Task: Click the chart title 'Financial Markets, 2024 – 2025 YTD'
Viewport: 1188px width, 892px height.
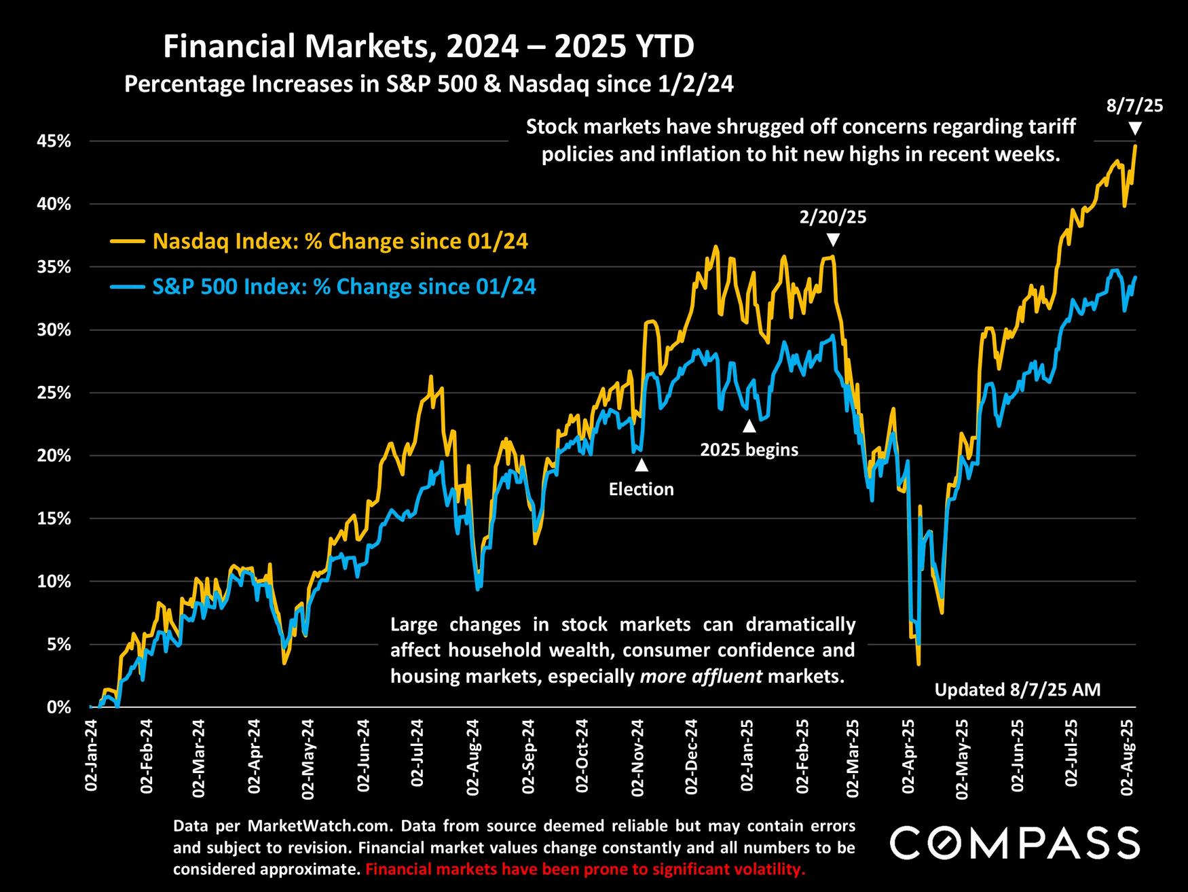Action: (428, 48)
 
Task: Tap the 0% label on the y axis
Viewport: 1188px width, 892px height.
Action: (59, 707)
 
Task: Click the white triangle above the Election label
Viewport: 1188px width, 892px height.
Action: (641, 465)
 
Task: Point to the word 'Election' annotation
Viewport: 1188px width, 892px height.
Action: (641, 489)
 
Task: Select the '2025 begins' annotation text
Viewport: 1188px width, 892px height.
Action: (749, 450)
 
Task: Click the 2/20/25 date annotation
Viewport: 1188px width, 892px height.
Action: (833, 217)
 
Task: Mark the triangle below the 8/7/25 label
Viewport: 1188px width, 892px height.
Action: (1134, 128)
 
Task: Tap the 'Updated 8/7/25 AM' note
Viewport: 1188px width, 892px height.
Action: (1017, 690)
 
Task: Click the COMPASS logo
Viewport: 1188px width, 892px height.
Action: (1014, 843)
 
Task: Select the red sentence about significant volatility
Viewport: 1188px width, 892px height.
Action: (584, 869)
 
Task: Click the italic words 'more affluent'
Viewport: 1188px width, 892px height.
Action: (701, 677)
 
